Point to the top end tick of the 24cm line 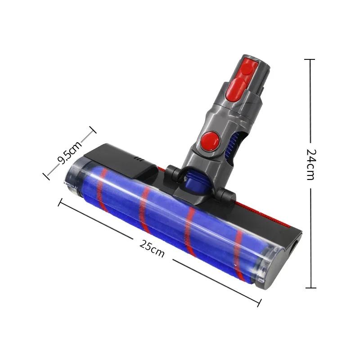310,59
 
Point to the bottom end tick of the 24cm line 310,288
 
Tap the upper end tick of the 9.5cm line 93,130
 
